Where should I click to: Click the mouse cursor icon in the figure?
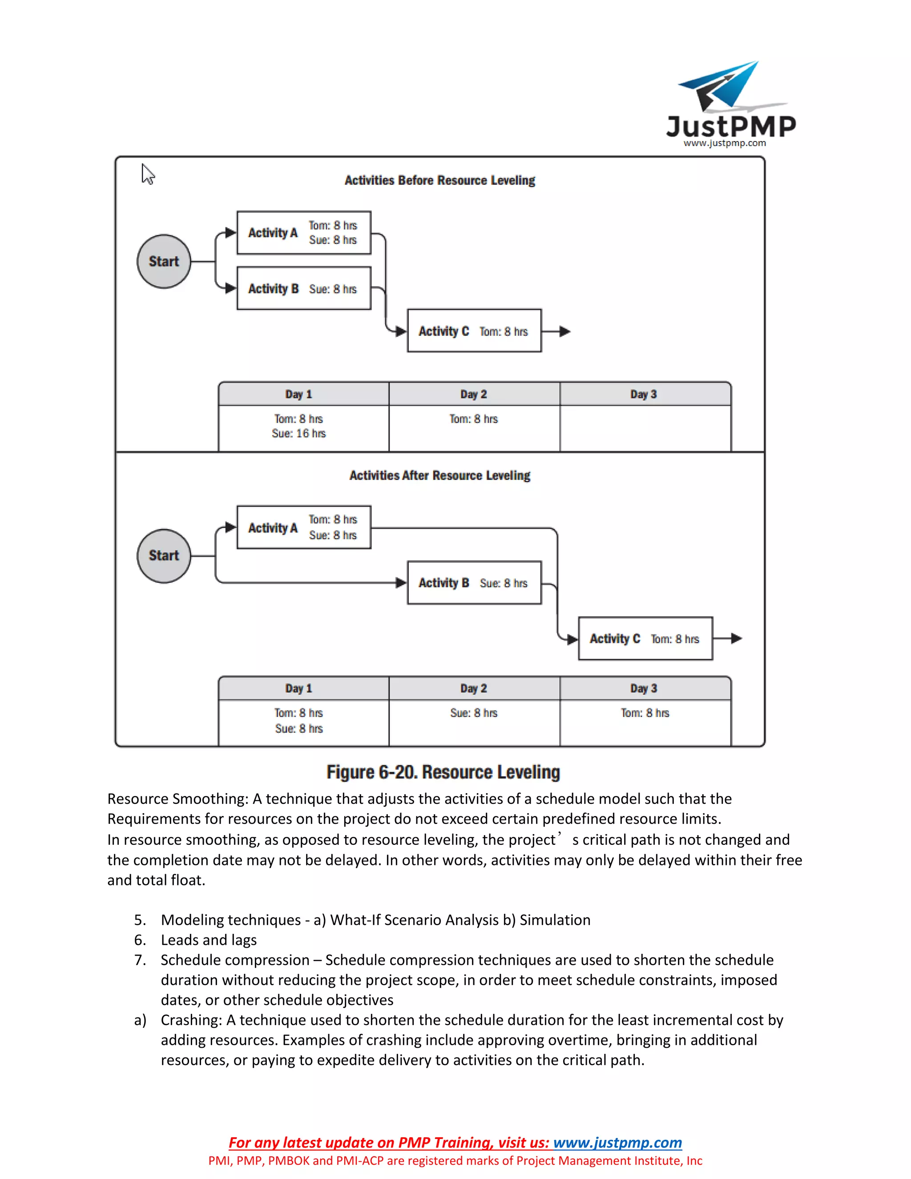pyautogui.click(x=148, y=174)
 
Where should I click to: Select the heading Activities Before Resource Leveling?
pyautogui.click(x=439, y=180)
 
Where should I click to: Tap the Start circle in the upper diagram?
pyautogui.click(x=164, y=261)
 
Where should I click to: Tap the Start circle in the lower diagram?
pyautogui.click(x=164, y=556)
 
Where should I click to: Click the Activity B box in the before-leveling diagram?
pyautogui.click(x=304, y=289)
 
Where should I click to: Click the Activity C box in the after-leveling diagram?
pyautogui.click(x=645, y=638)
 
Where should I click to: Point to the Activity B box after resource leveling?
pyautogui.click(x=474, y=583)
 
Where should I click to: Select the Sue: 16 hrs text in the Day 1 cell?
pyautogui.click(x=298, y=433)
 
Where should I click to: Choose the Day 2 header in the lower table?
pyautogui.click(x=474, y=688)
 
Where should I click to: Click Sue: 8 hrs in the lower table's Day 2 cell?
pyautogui.click(x=474, y=713)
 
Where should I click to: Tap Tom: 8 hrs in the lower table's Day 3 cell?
pyautogui.click(x=645, y=713)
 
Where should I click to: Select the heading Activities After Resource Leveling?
pyautogui.click(x=439, y=476)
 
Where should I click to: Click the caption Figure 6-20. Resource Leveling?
pyautogui.click(x=443, y=772)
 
